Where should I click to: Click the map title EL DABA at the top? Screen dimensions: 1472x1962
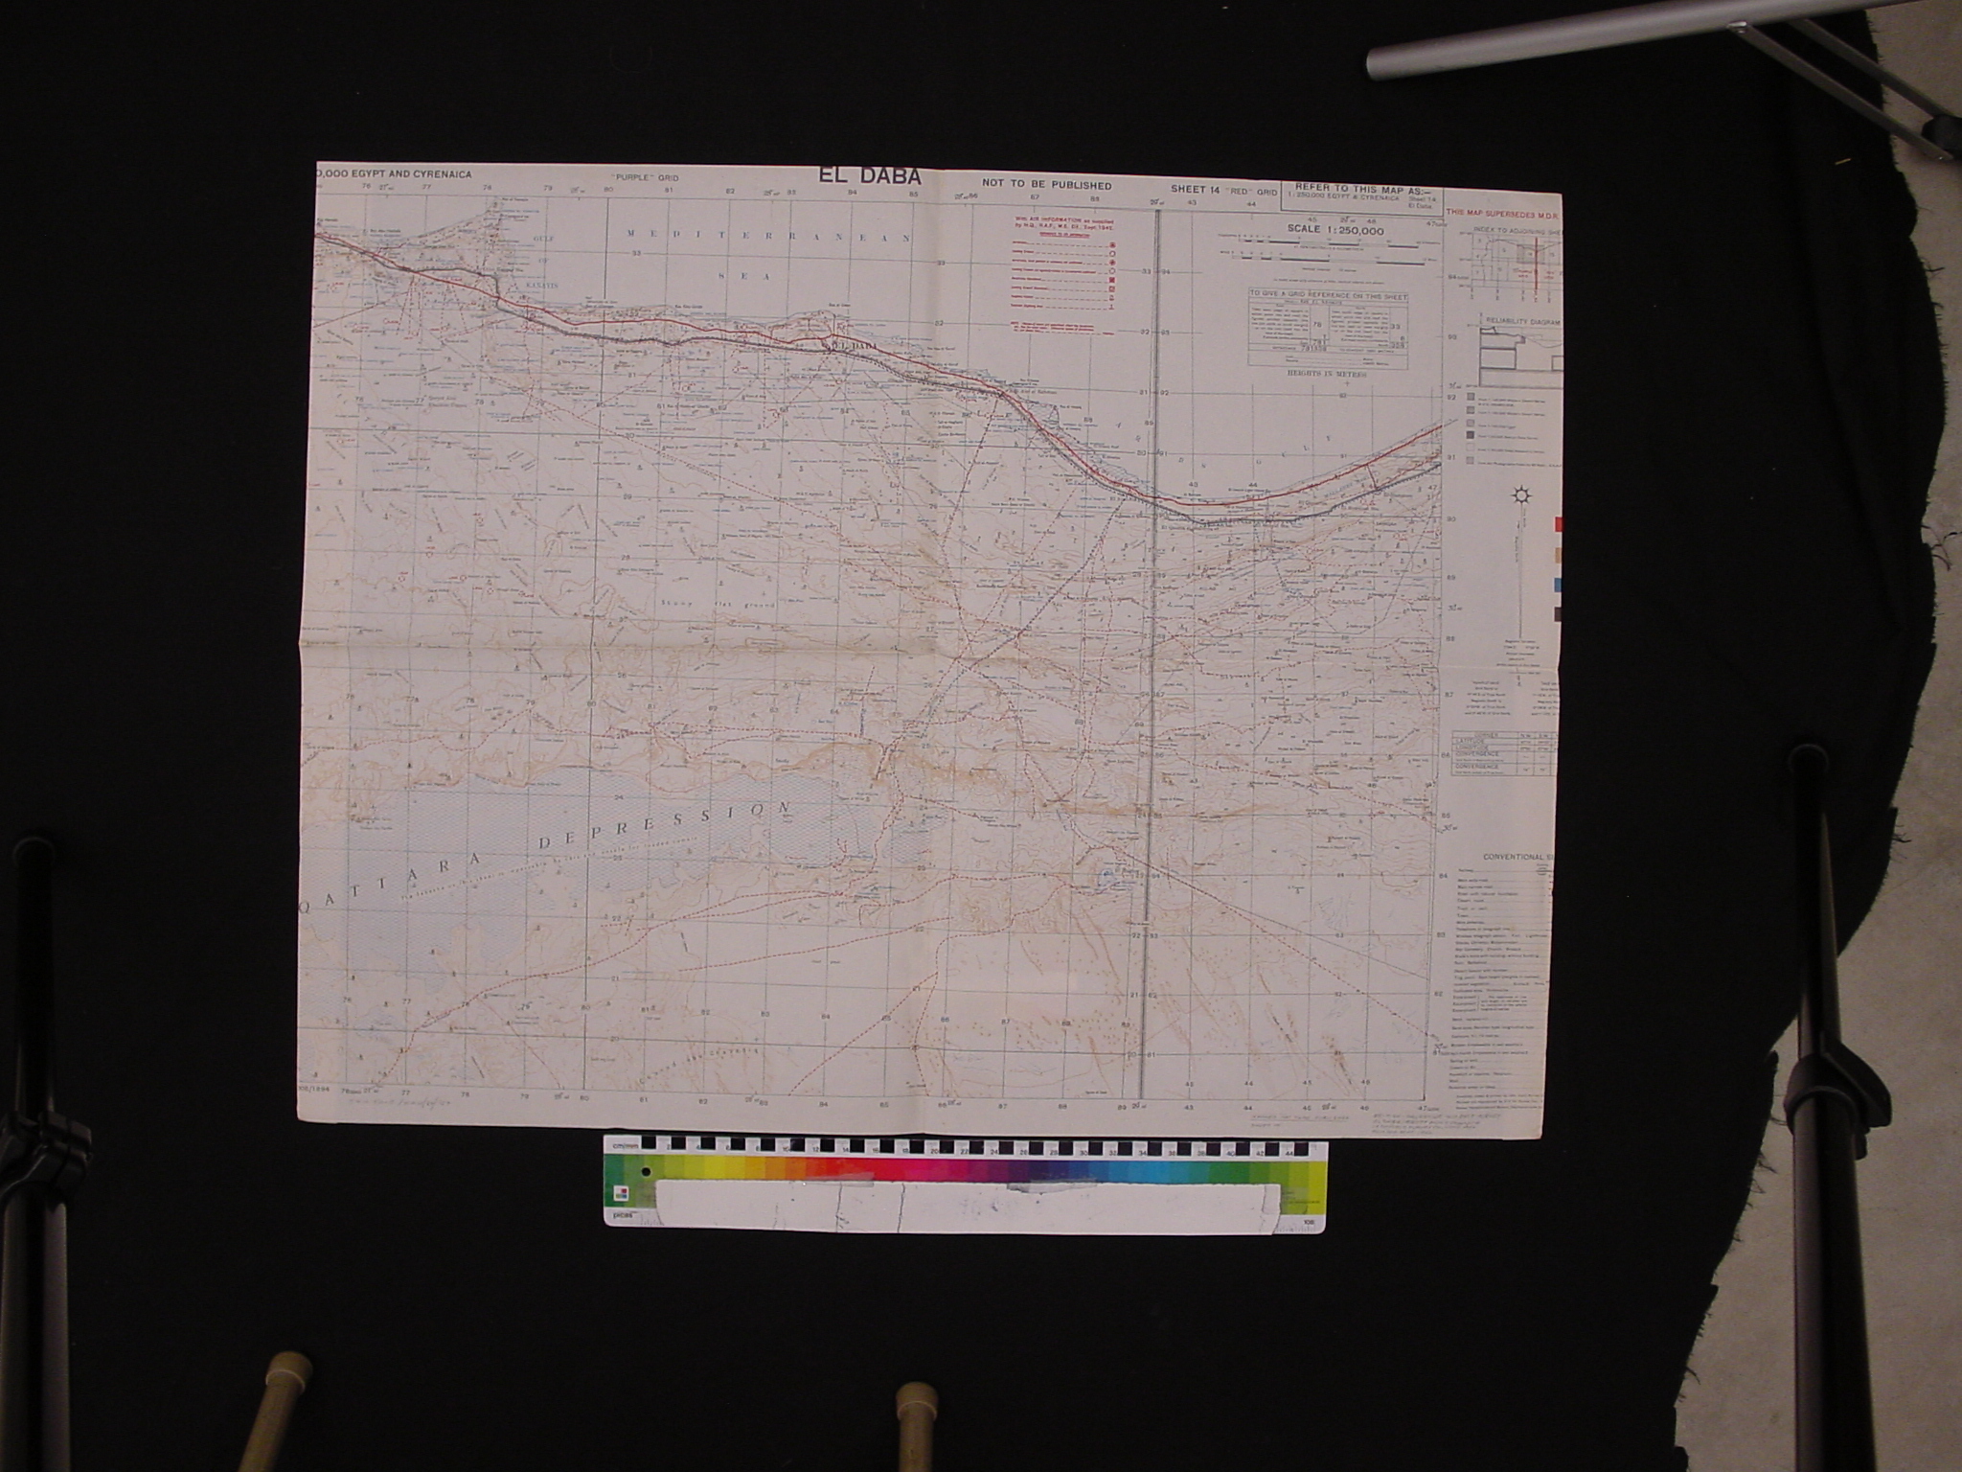(869, 176)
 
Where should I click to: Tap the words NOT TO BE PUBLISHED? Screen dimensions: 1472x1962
(1046, 185)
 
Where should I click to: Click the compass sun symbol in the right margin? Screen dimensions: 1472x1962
(1517, 496)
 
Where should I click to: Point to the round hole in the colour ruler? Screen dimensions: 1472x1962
(648, 1171)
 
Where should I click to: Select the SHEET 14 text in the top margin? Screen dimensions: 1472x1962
(1194, 189)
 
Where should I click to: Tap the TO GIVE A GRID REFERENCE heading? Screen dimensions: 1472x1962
(1328, 297)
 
